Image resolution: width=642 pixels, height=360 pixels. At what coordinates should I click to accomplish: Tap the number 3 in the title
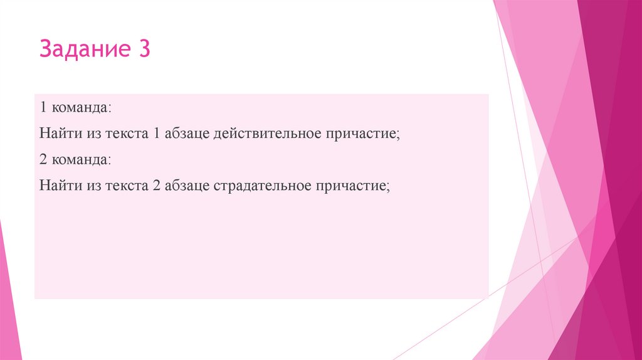click(x=142, y=50)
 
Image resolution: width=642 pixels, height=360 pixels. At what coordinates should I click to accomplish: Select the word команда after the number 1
click(x=82, y=108)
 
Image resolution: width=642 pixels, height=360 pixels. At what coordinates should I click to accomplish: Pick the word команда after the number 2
click(x=82, y=161)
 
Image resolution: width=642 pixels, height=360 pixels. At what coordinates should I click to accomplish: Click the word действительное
click(x=268, y=134)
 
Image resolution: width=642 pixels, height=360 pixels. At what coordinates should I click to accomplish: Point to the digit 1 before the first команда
click(x=43, y=108)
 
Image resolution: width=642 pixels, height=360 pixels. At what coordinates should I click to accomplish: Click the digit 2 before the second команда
click(x=43, y=161)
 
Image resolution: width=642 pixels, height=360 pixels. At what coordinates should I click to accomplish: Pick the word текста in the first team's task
click(x=125, y=134)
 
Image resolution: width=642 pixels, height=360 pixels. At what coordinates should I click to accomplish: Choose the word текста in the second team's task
click(x=125, y=187)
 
